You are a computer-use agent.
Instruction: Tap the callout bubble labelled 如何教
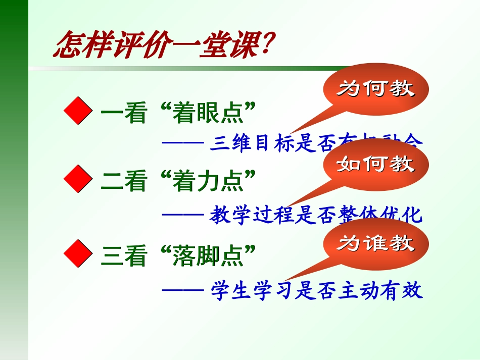(x=376, y=164)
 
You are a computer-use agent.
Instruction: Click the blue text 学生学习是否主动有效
(x=316, y=291)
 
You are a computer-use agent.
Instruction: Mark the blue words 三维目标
(x=251, y=143)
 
